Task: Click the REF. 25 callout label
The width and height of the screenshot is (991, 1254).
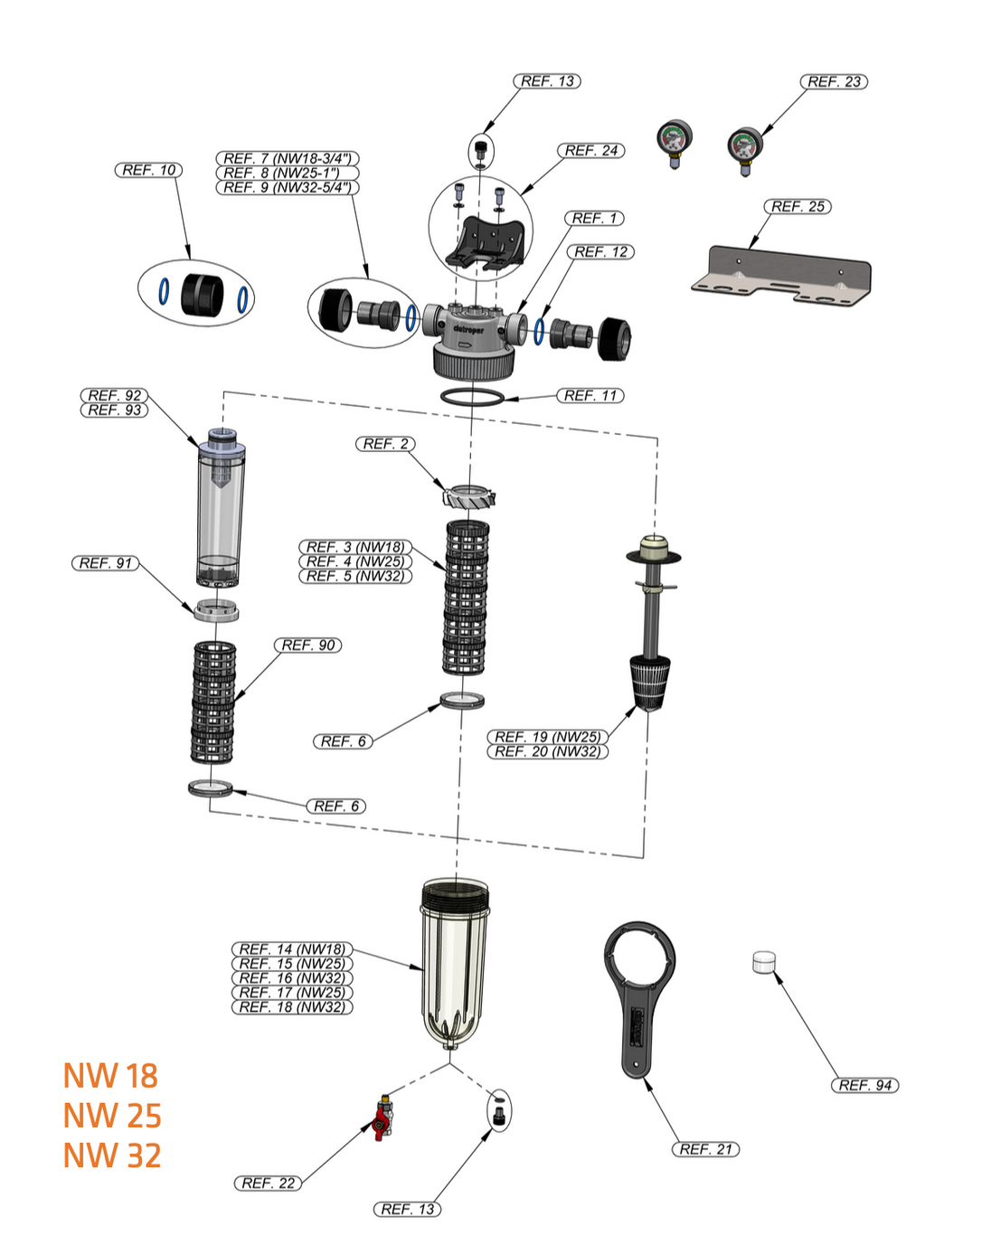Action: [798, 207]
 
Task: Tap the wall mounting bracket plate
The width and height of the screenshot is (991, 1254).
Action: [783, 275]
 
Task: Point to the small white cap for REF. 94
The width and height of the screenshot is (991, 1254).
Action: [764, 962]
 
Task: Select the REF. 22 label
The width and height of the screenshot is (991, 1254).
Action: [269, 1183]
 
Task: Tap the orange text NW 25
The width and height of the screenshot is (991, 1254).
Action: [112, 1116]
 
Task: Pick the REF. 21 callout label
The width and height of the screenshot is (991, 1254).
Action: [705, 1149]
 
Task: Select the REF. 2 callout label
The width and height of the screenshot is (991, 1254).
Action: [386, 444]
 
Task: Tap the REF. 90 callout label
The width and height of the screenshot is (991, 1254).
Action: [308, 646]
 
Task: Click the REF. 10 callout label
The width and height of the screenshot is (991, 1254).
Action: [149, 170]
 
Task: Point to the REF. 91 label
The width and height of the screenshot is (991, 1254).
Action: [106, 563]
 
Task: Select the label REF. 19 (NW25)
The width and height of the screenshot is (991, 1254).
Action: [547, 737]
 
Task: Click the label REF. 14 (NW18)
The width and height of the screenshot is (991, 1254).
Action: [292, 949]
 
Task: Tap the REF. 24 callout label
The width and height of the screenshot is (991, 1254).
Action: [591, 151]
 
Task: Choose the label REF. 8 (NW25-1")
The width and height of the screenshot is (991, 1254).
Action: [288, 173]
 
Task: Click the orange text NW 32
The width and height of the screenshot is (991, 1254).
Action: [112, 1155]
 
